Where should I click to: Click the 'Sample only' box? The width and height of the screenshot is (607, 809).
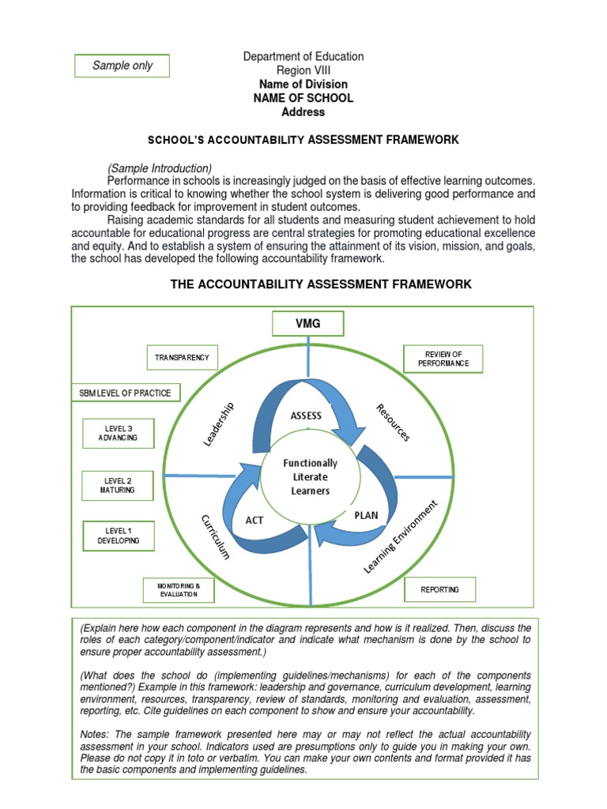click(123, 66)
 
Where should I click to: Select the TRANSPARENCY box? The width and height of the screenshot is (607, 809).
click(182, 358)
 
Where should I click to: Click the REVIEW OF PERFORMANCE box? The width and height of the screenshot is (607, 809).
click(443, 359)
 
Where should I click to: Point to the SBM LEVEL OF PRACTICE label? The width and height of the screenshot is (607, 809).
click(125, 393)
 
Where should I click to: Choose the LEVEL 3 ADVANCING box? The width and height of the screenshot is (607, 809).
click(119, 433)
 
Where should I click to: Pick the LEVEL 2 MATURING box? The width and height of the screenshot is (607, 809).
click(119, 485)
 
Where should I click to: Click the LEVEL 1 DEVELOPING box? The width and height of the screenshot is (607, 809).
click(119, 536)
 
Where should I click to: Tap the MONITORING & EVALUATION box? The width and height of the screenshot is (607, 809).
click(179, 589)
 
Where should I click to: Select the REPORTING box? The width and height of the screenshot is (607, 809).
click(439, 589)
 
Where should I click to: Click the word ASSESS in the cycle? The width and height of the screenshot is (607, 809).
click(306, 415)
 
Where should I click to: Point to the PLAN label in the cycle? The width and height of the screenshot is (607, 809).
click(366, 515)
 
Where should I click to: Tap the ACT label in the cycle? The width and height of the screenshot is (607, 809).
click(254, 520)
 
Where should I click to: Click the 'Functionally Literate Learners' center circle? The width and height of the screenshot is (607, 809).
click(310, 476)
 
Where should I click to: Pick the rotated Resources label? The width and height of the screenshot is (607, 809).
click(393, 422)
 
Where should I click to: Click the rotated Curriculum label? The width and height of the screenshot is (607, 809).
click(214, 536)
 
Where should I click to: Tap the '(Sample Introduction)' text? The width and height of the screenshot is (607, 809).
click(160, 168)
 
